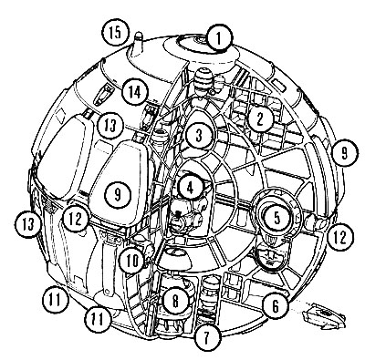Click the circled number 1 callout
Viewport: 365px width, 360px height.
[218, 38]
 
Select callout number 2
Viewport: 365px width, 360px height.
[259, 118]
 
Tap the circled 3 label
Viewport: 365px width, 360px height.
[199, 137]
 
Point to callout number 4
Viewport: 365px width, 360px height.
[190, 188]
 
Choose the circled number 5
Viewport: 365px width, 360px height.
[276, 218]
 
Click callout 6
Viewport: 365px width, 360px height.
[276, 306]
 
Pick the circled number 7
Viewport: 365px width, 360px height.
[207, 336]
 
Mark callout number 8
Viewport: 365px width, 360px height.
[175, 301]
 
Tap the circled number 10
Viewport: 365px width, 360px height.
[131, 261]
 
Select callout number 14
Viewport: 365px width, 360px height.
[135, 91]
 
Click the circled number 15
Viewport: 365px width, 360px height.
[115, 32]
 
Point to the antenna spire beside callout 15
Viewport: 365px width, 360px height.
[138, 46]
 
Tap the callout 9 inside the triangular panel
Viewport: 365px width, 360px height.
[118, 194]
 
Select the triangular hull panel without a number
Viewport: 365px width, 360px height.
[64, 157]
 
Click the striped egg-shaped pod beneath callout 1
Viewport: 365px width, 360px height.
[203, 81]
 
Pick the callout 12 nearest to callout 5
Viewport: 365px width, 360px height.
[340, 237]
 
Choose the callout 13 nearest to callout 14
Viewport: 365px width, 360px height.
[110, 126]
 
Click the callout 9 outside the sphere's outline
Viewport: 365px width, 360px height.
[344, 153]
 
